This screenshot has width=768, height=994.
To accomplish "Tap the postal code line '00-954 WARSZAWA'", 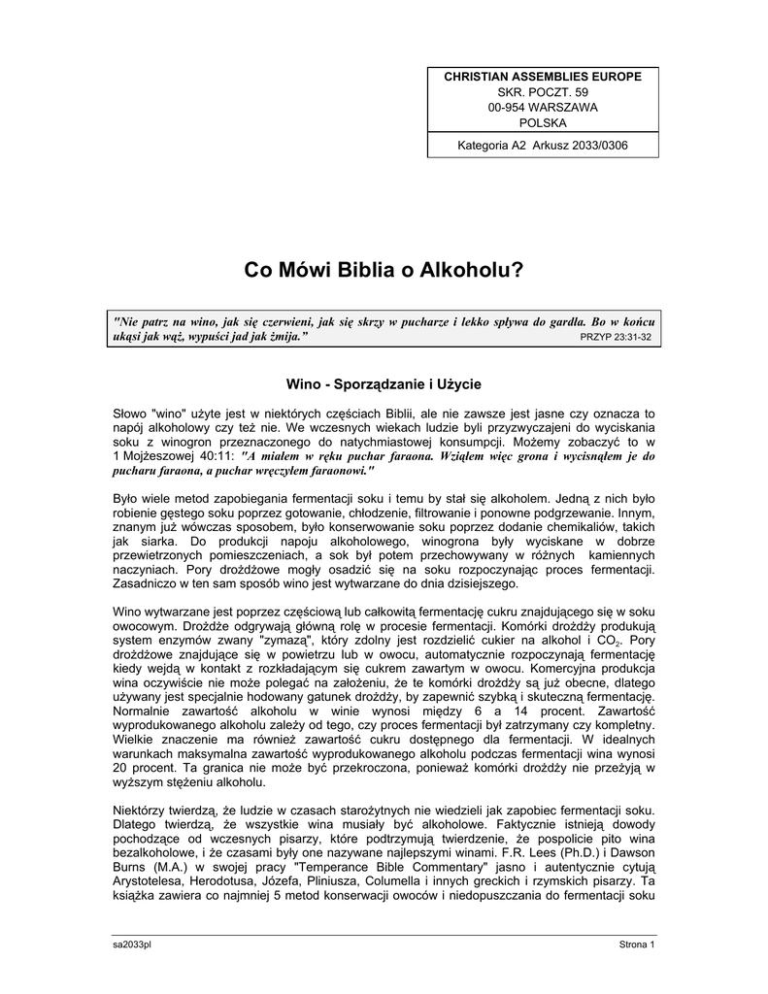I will coord(543,107).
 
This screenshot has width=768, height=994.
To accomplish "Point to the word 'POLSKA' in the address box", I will coord(543,123).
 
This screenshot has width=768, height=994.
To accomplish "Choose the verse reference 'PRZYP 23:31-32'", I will coord(616,336).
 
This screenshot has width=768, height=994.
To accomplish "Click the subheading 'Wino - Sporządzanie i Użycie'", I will coord(384,384).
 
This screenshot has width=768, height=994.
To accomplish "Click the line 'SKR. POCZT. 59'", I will coord(543,90).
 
